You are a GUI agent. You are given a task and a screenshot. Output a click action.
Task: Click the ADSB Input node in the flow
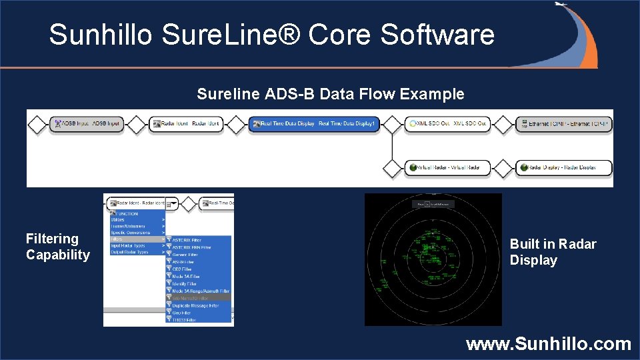(x=87, y=124)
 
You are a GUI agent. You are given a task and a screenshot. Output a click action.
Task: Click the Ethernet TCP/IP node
(x=564, y=124)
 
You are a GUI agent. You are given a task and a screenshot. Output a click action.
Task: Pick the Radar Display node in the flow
(x=564, y=167)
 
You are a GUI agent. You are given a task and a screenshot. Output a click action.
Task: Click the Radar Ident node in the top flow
(x=187, y=124)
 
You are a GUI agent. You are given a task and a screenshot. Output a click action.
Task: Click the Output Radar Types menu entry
(x=130, y=252)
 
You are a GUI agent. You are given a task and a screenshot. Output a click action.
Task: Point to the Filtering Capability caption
(x=57, y=247)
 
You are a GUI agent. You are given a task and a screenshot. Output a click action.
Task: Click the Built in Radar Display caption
(x=553, y=252)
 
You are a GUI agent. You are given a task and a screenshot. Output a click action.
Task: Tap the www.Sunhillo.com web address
(x=548, y=344)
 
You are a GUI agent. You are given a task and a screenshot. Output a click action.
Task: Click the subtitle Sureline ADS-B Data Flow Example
(x=330, y=94)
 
